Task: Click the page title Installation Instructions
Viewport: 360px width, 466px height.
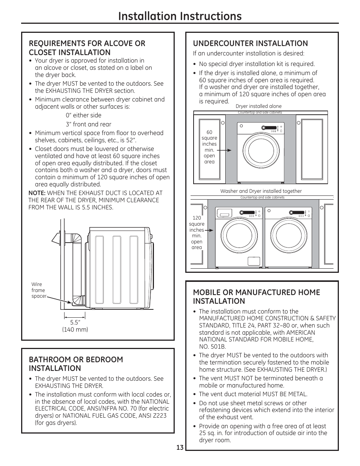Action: pos(180,16)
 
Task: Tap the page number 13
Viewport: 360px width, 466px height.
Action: pos(180,448)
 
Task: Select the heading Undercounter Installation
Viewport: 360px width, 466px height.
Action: pos(250,43)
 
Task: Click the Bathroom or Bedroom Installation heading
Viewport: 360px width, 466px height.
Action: pos(76,364)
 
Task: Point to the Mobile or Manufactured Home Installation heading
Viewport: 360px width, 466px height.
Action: pos(256,297)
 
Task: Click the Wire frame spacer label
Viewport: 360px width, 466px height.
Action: pos(38,290)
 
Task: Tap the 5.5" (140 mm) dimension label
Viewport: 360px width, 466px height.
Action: pos(75,326)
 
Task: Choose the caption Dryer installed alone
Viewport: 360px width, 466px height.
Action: pos(258,106)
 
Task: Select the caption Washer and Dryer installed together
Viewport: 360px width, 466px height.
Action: pos(261,191)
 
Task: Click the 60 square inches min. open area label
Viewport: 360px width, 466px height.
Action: pos(209,147)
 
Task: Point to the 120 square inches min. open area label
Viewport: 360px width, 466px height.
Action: pos(197,232)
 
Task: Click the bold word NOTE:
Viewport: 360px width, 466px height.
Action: pos(37,193)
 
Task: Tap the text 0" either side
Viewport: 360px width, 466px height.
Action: pos(83,115)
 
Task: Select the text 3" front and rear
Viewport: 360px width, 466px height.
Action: pos(88,124)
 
